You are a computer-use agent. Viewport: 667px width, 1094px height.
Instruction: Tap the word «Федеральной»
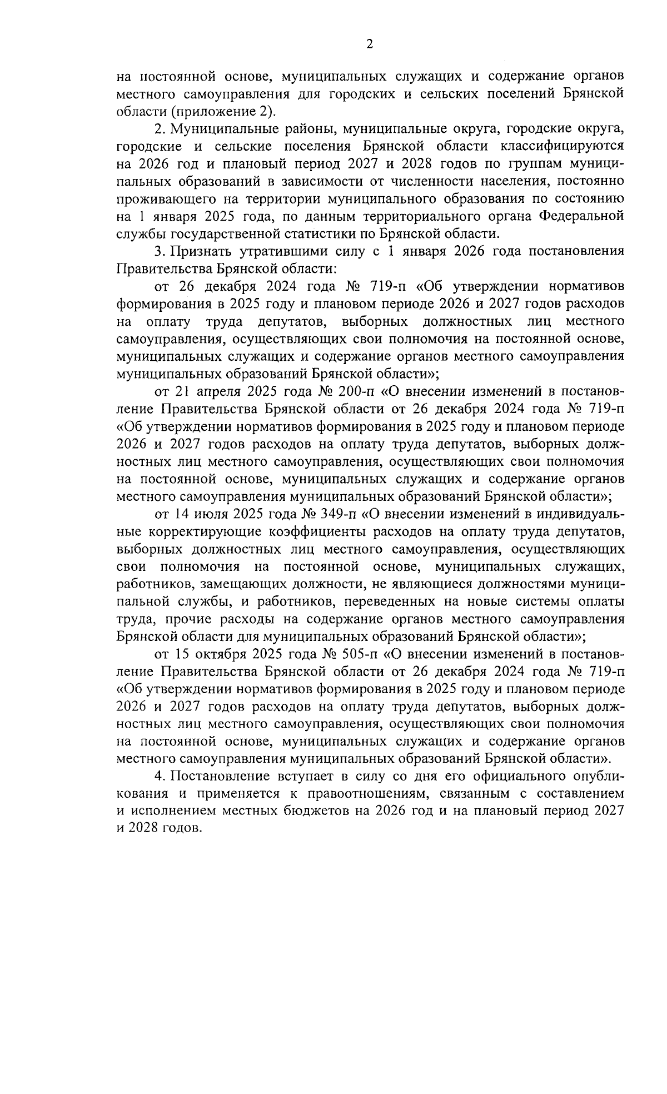click(582, 216)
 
